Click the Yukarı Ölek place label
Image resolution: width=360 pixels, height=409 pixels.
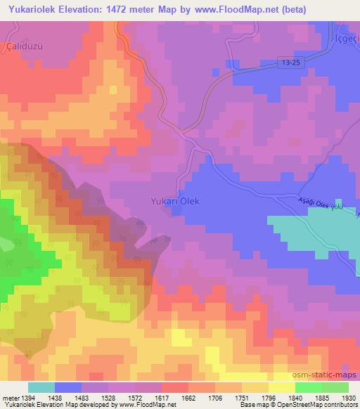[x=175, y=201]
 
